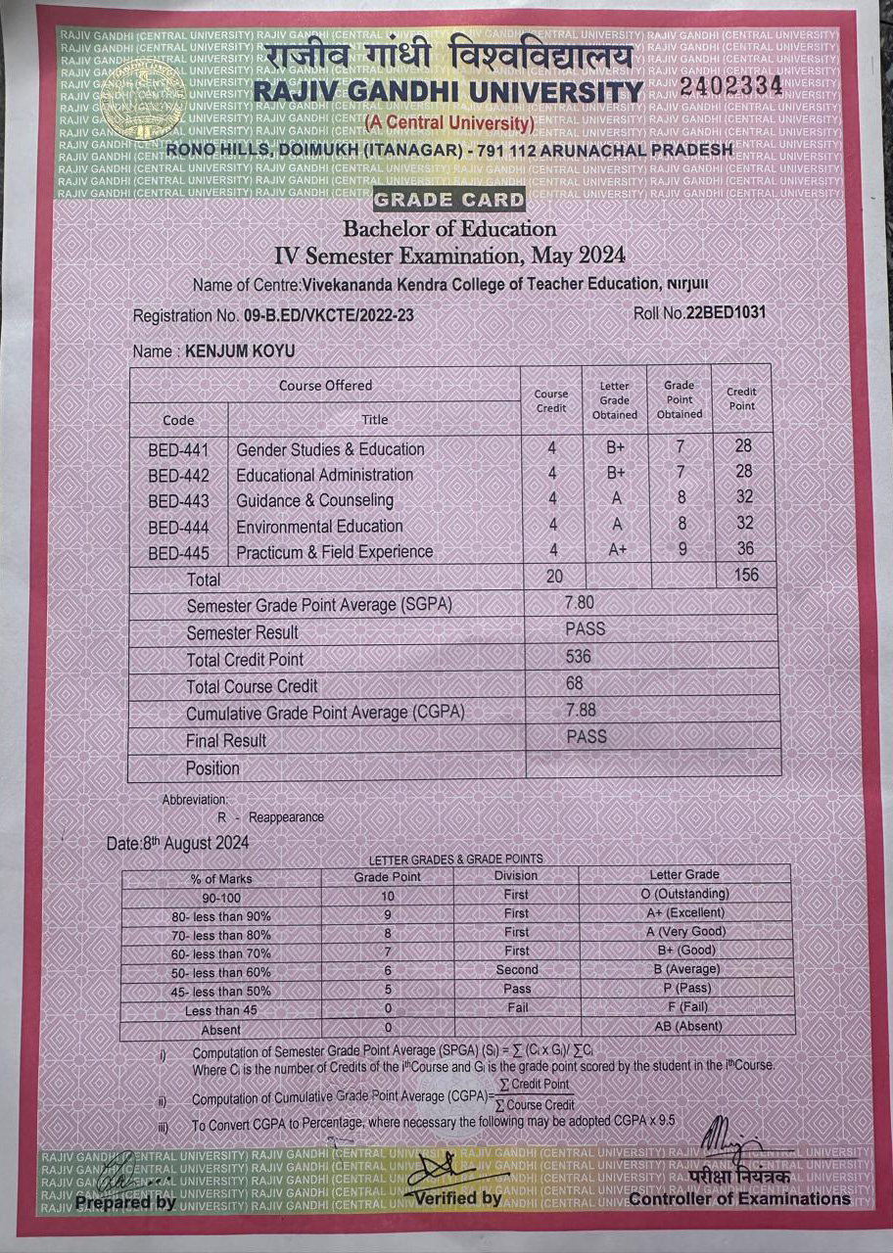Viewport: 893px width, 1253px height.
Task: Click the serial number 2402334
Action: pyautogui.click(x=731, y=86)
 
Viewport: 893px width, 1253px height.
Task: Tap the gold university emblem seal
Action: pyautogui.click(x=142, y=100)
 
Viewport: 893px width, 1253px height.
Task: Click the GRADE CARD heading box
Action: pyautogui.click(x=449, y=201)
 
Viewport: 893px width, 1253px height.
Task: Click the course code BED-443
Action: pyautogui.click(x=177, y=501)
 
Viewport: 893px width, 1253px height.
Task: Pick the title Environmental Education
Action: pyautogui.click(x=319, y=526)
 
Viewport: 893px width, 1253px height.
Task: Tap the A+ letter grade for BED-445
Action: pyautogui.click(x=617, y=549)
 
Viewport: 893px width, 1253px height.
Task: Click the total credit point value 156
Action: pyautogui.click(x=745, y=575)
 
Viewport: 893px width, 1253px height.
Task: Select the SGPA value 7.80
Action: pyautogui.click(x=579, y=602)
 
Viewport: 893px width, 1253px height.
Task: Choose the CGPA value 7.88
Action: pyautogui.click(x=580, y=710)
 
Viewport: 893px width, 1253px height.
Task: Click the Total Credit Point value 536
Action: pyautogui.click(x=578, y=656)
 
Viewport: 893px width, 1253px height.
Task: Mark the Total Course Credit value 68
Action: pyautogui.click(x=574, y=682)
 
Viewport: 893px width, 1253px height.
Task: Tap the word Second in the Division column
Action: pyautogui.click(x=516, y=969)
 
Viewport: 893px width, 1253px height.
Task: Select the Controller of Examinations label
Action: pyautogui.click(x=739, y=1198)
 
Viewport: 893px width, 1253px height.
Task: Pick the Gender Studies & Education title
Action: pyautogui.click(x=330, y=449)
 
